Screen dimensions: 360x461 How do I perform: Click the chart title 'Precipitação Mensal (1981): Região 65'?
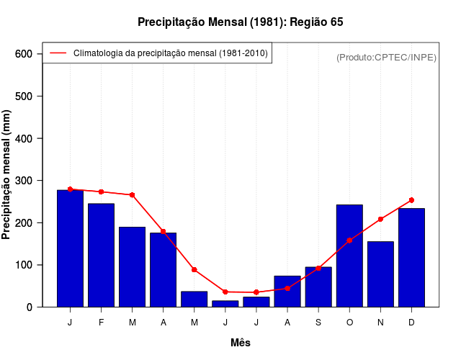coord(241,22)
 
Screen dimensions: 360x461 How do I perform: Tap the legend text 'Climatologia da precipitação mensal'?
coord(171,53)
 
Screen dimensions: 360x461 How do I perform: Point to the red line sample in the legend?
coord(58,53)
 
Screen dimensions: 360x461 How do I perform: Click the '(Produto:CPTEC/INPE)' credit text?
coord(386,57)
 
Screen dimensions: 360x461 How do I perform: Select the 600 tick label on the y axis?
coord(24,54)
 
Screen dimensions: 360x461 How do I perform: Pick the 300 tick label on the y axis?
coord(24,181)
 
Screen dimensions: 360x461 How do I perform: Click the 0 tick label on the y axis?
coord(30,307)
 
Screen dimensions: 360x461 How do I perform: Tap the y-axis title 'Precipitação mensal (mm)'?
coord(7,175)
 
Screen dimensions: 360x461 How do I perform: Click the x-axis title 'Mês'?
coord(241,343)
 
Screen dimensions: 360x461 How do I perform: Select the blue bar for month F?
coord(101,255)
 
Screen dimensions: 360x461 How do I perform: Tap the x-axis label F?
coord(101,323)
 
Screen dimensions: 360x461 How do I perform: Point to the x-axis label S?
coord(318,323)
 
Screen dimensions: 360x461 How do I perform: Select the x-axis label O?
coord(349,323)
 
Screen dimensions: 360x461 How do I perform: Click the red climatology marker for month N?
coord(380,219)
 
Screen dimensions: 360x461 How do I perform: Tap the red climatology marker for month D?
coord(411,200)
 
